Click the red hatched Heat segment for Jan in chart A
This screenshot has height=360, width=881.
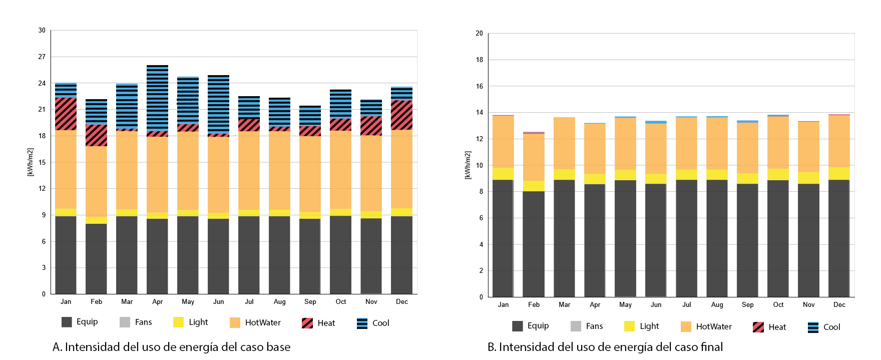click(x=66, y=114)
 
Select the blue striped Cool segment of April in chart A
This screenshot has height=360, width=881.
click(x=157, y=98)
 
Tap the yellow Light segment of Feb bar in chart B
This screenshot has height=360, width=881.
click(x=534, y=186)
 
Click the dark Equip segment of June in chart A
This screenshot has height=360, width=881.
click(x=218, y=256)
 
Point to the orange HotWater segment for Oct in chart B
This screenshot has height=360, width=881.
click(x=778, y=143)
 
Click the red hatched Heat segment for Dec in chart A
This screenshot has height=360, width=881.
click(x=401, y=115)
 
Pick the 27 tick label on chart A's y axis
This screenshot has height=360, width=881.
click(x=42, y=57)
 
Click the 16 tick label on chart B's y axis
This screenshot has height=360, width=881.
click(x=479, y=86)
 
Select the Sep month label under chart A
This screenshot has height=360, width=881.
click(x=310, y=301)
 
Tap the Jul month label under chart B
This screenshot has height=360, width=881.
click(x=686, y=304)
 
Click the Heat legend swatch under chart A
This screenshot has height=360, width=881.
click(x=307, y=323)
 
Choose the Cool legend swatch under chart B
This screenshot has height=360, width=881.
click(x=813, y=327)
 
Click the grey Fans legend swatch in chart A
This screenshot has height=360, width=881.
click(x=125, y=322)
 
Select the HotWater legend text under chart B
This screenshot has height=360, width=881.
click(x=713, y=326)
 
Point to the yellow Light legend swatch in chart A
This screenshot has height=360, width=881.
click(x=178, y=322)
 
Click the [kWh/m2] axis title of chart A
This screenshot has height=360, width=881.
click(x=30, y=162)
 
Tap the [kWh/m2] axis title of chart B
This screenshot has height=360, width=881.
click(x=468, y=165)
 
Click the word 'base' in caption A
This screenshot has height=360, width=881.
click(x=278, y=347)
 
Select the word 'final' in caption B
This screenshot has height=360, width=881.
click(x=711, y=347)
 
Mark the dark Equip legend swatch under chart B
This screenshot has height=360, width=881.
click(x=517, y=326)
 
